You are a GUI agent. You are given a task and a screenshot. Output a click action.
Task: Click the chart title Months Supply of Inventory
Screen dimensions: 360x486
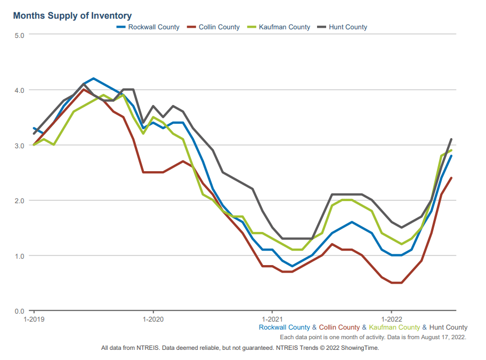(x=72, y=16)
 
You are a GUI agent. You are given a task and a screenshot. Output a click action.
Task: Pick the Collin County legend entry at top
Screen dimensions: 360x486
(x=219, y=27)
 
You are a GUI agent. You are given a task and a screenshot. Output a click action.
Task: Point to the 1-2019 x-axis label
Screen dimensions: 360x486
(x=34, y=319)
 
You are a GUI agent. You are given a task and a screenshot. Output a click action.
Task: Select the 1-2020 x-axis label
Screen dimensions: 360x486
(x=153, y=319)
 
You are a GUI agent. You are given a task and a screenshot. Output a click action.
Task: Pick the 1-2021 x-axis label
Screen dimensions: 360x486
(x=272, y=319)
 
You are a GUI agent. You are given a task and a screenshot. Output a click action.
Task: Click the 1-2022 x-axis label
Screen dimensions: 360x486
(x=392, y=319)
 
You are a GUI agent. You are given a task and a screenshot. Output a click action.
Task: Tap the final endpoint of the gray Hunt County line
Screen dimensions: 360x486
(x=451, y=139)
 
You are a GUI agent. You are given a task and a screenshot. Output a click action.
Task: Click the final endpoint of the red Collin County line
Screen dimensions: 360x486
(x=451, y=178)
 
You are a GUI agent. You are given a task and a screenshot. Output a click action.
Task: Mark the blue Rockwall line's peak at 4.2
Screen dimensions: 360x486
(x=94, y=78)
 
